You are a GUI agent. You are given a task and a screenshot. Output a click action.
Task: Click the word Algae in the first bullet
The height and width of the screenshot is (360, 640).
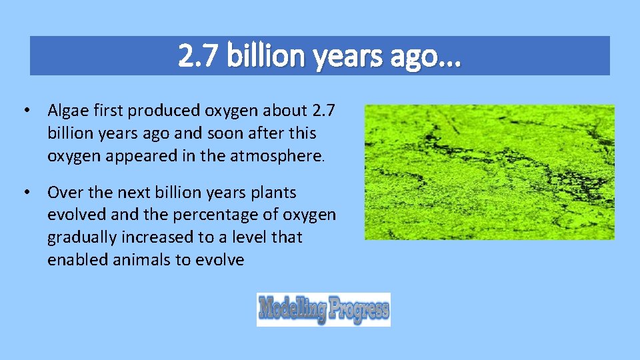coord(67,110)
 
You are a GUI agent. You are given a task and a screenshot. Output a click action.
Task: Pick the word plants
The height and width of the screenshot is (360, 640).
coord(272,193)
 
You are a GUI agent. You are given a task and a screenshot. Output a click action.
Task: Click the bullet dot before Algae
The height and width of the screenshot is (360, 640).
coord(25,110)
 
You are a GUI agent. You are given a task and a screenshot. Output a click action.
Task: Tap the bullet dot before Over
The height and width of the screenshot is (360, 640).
coord(25,193)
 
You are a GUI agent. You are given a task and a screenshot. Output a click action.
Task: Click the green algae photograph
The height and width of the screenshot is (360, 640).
coord(489,172)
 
